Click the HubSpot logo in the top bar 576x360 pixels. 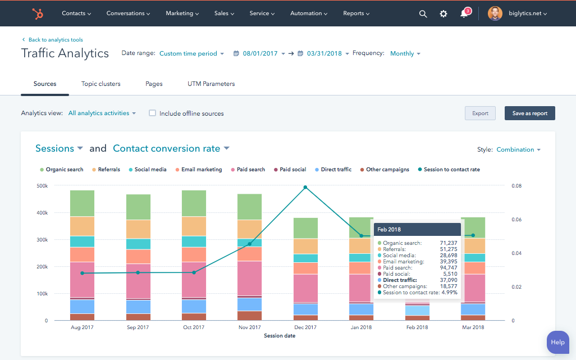[38, 13]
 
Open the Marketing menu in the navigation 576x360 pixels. [182, 13]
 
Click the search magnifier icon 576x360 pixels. [423, 13]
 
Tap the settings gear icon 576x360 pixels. [444, 13]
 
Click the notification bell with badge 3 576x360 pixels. [464, 13]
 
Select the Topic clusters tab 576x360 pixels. [100, 84]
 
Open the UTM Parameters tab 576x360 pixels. [211, 84]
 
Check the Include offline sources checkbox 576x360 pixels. [152, 113]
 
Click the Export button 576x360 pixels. [480, 113]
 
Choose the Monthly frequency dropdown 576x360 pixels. [405, 53]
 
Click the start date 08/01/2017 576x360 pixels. [260, 53]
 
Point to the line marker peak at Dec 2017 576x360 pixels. [305, 187]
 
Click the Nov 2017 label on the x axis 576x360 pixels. [249, 327]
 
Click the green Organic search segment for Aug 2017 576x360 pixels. [82, 203]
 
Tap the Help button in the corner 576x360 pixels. [557, 342]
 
